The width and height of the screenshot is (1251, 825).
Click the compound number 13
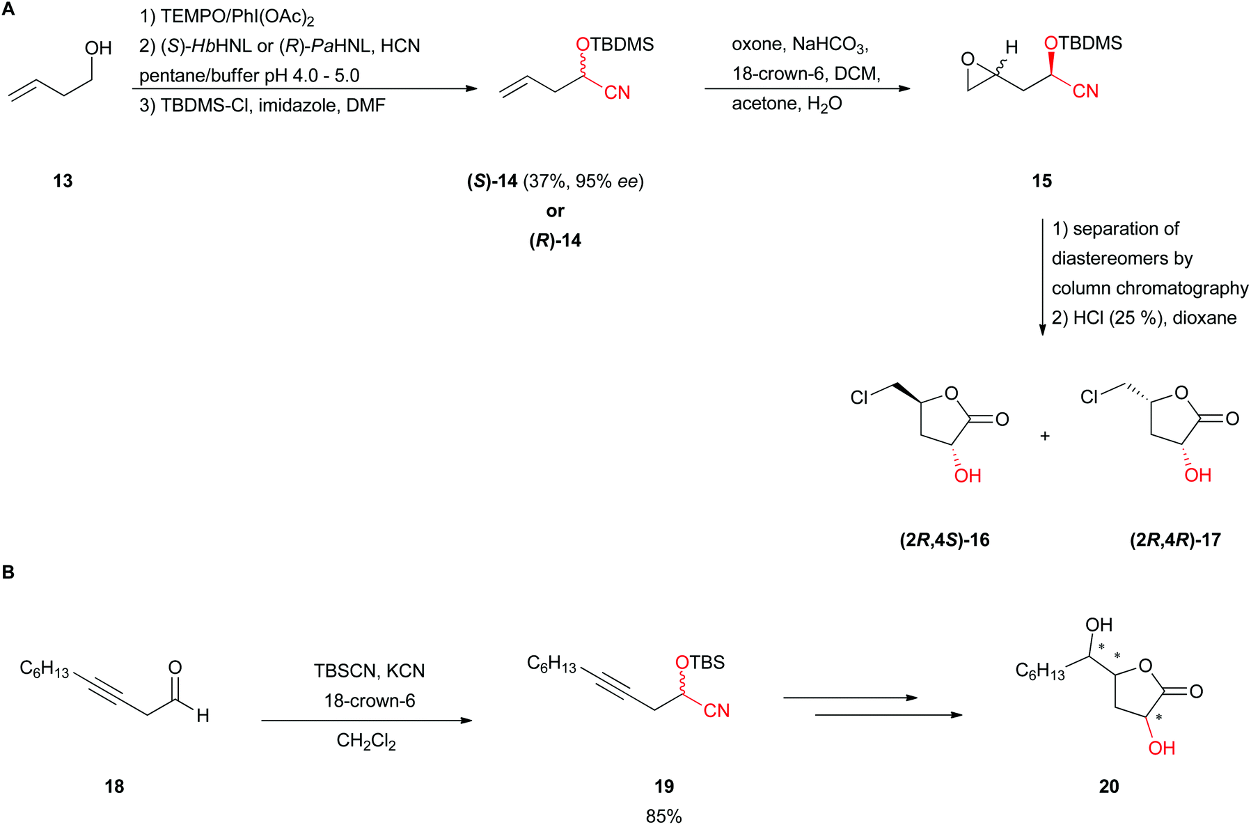click(x=63, y=181)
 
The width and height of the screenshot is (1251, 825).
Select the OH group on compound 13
click(x=98, y=48)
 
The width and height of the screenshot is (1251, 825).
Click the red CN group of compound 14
click(x=617, y=93)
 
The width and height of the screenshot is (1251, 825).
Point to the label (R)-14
click(x=555, y=241)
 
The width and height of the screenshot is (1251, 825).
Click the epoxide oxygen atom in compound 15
click(x=968, y=59)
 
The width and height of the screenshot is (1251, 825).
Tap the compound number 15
click(x=1041, y=181)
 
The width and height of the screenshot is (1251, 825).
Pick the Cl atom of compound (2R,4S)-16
click(x=859, y=398)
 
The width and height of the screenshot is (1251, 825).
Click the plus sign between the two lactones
click(x=1044, y=437)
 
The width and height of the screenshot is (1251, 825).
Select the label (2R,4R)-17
click(x=1175, y=540)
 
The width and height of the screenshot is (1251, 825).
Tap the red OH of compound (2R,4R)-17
click(x=1197, y=476)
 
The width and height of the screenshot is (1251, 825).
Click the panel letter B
click(x=8, y=572)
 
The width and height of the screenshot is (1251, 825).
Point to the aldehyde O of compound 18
click(x=175, y=668)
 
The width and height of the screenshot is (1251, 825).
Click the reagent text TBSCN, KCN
click(x=369, y=671)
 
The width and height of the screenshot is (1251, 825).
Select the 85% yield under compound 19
click(x=663, y=816)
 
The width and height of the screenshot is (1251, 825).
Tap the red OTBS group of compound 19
click(x=700, y=662)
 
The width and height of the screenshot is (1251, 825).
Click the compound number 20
click(x=1109, y=787)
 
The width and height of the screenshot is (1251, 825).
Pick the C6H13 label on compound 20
click(x=1040, y=671)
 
